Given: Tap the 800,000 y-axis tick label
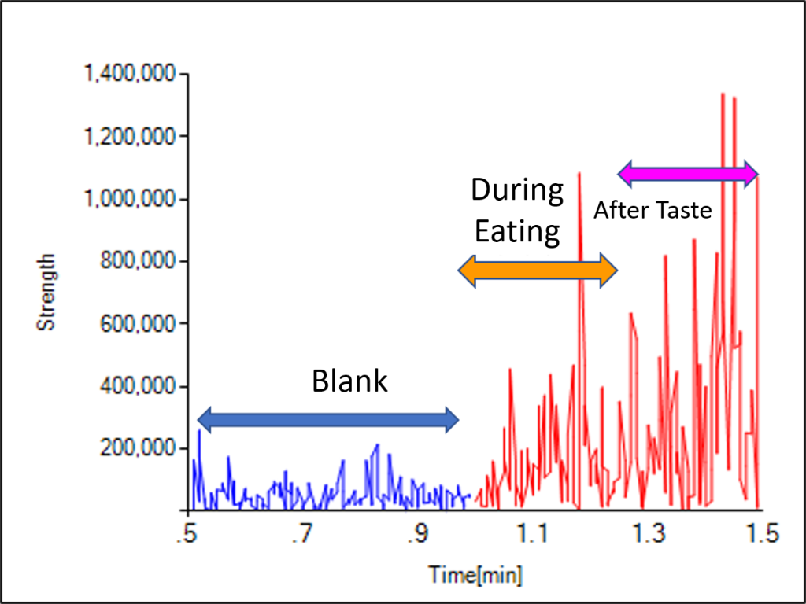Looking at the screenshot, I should (141, 261).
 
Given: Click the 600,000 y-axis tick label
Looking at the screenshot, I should (141, 323).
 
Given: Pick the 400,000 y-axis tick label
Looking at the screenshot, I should (141, 386).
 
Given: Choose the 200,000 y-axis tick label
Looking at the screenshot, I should (141, 448).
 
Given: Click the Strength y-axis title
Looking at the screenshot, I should (47, 291).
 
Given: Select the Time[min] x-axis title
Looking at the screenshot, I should (475, 574).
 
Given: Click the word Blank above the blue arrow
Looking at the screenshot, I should (349, 381).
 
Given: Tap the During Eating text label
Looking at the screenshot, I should (517, 211).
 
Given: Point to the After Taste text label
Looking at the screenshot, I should (653, 210).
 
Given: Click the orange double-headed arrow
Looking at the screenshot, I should (538, 271).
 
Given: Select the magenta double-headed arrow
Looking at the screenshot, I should (687, 173).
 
